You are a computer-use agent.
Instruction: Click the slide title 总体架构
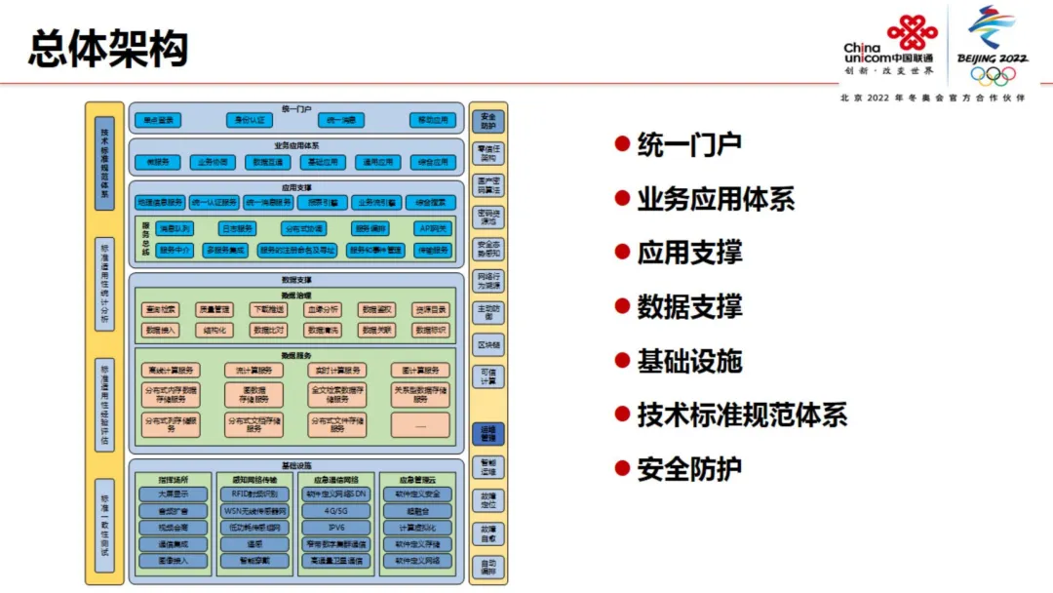[x=108, y=49]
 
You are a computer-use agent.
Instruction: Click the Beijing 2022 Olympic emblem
[x=993, y=46]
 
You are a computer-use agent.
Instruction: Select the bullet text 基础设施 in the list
[x=689, y=361]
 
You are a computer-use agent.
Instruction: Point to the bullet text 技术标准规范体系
[x=742, y=415]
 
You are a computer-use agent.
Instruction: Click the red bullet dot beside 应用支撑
[x=621, y=252]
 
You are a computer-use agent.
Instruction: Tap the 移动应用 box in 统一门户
[x=433, y=120]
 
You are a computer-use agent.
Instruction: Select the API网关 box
[x=433, y=228]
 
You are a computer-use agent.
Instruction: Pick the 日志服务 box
[x=237, y=228]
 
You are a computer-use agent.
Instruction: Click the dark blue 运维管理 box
[x=488, y=432]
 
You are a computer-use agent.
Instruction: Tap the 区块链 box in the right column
[x=488, y=345]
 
